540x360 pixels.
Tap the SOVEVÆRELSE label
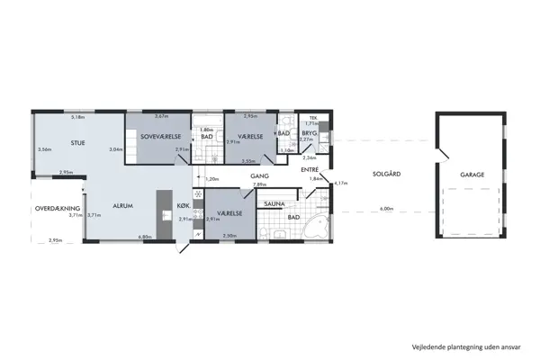point(161,137)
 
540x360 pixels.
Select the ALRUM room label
point(122,206)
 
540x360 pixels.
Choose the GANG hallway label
point(260,177)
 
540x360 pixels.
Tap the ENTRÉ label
point(310,168)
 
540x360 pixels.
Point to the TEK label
point(313,117)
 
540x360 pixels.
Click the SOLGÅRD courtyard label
point(385,175)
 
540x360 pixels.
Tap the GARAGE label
point(472,175)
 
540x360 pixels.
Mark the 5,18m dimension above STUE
point(77,117)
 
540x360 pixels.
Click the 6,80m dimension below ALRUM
point(144,238)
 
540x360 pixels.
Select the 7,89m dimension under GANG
point(259,184)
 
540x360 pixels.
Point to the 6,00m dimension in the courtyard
point(387,209)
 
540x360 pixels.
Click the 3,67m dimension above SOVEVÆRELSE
point(162,117)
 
